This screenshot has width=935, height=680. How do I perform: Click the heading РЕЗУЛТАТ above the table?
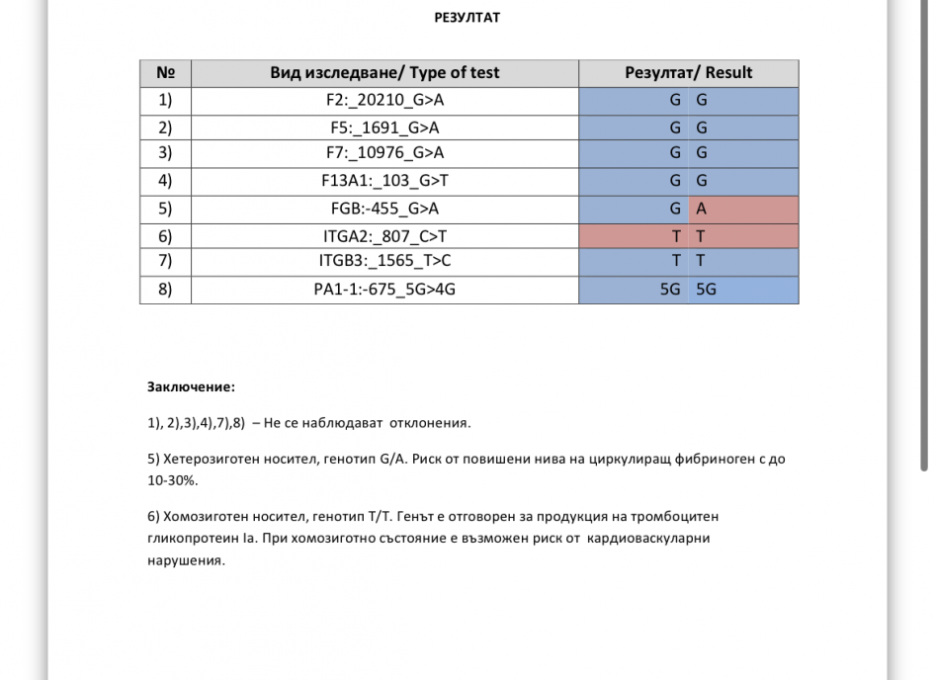[x=467, y=17]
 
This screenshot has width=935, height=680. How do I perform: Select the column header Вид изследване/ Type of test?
[x=384, y=73]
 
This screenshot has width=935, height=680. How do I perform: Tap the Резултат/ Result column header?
[x=688, y=73]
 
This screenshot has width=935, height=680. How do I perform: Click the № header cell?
[x=165, y=73]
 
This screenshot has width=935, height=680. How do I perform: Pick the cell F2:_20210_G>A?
[x=384, y=100]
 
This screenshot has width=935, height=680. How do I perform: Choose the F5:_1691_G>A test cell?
[x=384, y=127]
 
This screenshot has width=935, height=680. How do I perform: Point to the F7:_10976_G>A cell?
[x=384, y=152]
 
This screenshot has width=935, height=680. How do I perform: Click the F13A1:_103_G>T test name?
[x=384, y=181]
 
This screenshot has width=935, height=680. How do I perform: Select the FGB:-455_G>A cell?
[x=384, y=209]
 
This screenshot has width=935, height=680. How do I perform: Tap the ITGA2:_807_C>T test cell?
[x=384, y=236]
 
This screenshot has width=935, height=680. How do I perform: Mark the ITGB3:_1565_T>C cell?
[x=384, y=261]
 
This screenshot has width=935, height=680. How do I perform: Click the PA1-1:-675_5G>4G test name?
[x=384, y=290]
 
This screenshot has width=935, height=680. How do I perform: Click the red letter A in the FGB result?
[x=702, y=209]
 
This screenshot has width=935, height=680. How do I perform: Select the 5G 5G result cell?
[x=688, y=290]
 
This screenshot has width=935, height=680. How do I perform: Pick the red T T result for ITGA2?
[x=688, y=236]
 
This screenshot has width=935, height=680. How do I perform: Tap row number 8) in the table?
[x=165, y=290]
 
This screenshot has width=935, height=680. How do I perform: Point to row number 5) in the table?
[x=165, y=209]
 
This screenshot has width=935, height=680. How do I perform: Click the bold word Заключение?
[x=191, y=387]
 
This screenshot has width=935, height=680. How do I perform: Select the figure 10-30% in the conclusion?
[x=172, y=479]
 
